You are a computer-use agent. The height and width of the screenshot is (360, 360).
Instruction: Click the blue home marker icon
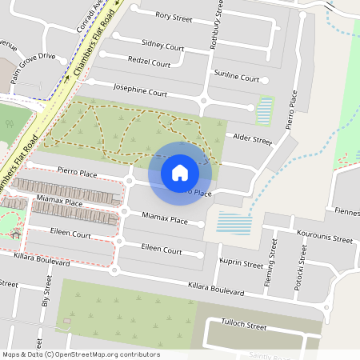[x=180, y=172]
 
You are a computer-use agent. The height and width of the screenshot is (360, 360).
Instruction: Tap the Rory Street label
[x=174, y=15]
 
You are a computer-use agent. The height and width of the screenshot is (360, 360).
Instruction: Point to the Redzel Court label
[x=150, y=62]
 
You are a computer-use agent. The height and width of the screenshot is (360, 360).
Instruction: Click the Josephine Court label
[x=140, y=89]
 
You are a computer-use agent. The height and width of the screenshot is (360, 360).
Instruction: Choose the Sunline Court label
[x=236, y=77]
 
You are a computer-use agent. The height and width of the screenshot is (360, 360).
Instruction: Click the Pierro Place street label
[x=77, y=172]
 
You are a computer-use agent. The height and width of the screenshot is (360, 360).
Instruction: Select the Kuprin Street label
[x=242, y=263]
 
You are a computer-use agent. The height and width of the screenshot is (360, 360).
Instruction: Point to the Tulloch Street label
[x=243, y=326]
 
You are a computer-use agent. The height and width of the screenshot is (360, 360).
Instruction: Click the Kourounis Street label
[x=325, y=238]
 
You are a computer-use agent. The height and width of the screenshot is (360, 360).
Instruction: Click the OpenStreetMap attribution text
[x=81, y=354]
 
